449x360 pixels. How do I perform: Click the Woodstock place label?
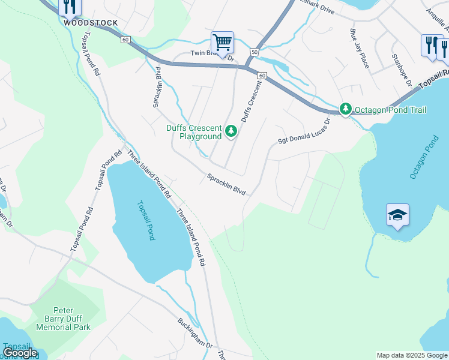(91, 23)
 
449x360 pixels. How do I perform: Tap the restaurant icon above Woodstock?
(70, 7)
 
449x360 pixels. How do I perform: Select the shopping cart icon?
(222, 43)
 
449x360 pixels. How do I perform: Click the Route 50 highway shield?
(255, 53)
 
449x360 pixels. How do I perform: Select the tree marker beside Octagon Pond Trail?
(345, 109)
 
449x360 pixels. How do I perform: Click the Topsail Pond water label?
(146, 220)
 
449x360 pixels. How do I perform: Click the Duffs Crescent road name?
(251, 103)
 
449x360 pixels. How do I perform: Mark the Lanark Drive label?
(316, 7)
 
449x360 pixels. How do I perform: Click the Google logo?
(20, 353)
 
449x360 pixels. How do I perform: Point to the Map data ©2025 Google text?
(412, 355)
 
